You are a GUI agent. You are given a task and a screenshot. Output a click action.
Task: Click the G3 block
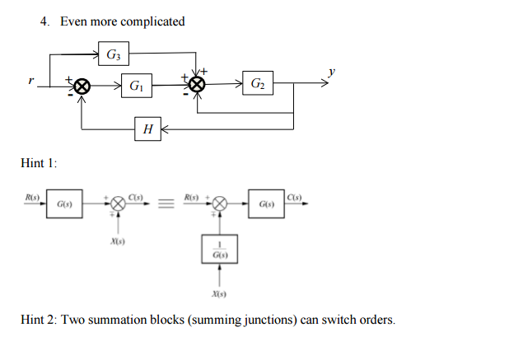[x=113, y=55]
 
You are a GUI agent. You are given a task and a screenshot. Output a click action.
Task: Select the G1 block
[x=137, y=85]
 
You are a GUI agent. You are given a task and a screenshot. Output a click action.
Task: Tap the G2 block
[x=258, y=85]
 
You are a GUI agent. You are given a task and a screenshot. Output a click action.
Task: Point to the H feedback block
[x=147, y=129]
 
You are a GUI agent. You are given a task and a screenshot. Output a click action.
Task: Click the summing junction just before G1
[x=82, y=85]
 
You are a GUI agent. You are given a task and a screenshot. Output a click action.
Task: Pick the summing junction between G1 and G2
[x=196, y=85]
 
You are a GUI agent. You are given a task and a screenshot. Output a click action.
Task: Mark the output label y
[x=331, y=72]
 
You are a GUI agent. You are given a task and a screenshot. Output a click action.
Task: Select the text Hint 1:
[x=38, y=163]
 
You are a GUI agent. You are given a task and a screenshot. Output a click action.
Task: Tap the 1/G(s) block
[x=219, y=249]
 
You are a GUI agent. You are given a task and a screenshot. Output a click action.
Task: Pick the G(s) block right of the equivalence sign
[x=266, y=203]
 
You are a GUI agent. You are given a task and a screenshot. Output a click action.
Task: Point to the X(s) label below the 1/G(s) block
[x=219, y=293]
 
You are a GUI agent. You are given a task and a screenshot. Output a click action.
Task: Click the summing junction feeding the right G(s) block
[x=219, y=203]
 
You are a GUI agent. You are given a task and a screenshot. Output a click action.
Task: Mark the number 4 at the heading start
[x=44, y=21]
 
